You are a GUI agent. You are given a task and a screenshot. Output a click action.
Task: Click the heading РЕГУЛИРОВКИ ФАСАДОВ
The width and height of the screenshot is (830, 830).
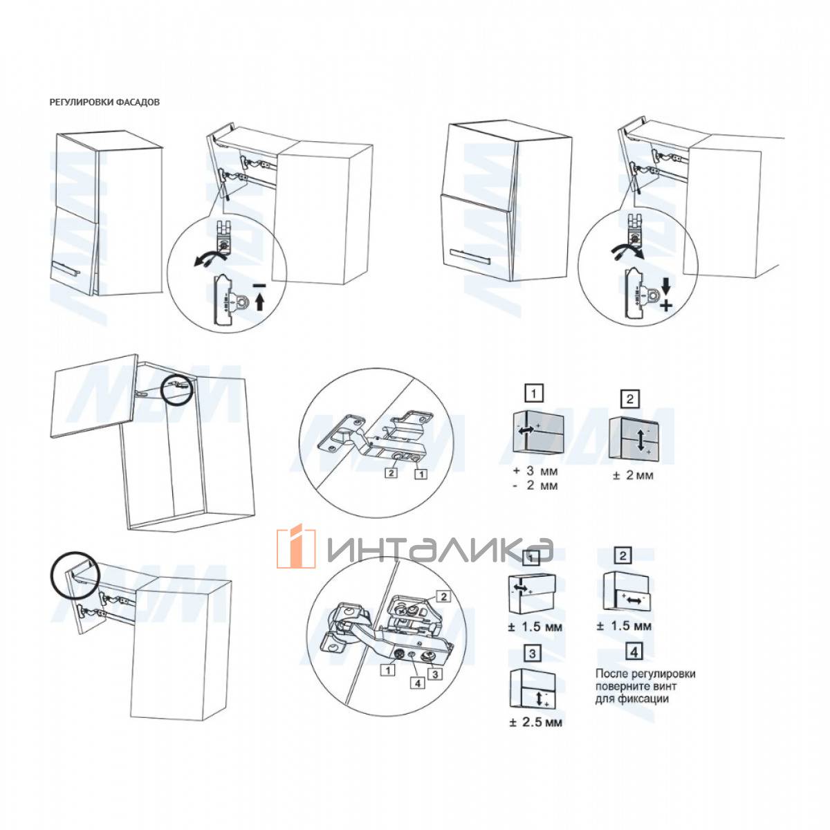(104, 102)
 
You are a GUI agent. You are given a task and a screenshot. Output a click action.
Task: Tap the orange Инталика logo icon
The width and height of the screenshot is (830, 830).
(296, 546)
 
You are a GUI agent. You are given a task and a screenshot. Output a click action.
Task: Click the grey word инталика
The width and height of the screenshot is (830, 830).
(440, 549)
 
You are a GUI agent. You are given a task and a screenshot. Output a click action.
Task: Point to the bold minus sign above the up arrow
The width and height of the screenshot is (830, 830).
(259, 285)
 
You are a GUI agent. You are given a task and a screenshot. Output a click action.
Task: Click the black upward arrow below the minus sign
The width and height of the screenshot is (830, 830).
(259, 302)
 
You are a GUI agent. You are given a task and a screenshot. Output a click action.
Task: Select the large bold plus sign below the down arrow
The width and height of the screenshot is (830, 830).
(666, 306)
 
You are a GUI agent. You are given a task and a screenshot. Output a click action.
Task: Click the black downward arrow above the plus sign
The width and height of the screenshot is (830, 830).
(666, 286)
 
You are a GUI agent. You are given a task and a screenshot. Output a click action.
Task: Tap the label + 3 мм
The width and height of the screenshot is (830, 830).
(535, 471)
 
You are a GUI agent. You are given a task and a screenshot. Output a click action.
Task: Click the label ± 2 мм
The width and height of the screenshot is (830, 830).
(633, 475)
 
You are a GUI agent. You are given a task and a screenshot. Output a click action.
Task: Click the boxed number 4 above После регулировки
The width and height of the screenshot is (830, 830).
(634, 652)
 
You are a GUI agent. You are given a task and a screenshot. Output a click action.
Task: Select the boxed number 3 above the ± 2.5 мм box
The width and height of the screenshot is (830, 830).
(532, 654)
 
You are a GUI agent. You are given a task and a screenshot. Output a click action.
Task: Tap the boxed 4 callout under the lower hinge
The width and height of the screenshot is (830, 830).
(417, 683)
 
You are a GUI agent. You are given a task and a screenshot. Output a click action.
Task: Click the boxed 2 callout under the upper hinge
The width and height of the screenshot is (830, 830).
(391, 473)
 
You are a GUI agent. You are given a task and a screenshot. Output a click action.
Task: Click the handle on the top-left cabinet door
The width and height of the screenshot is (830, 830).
(64, 268)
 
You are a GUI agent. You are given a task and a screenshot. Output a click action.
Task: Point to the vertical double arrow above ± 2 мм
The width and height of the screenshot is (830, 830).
(640, 440)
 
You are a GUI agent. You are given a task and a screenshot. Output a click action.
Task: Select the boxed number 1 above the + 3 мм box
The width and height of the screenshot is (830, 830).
(534, 394)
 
